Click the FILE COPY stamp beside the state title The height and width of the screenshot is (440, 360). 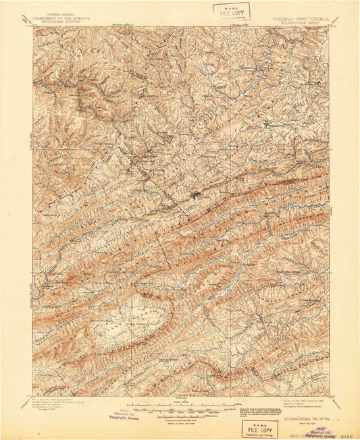pyautogui.click(x=232, y=11)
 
